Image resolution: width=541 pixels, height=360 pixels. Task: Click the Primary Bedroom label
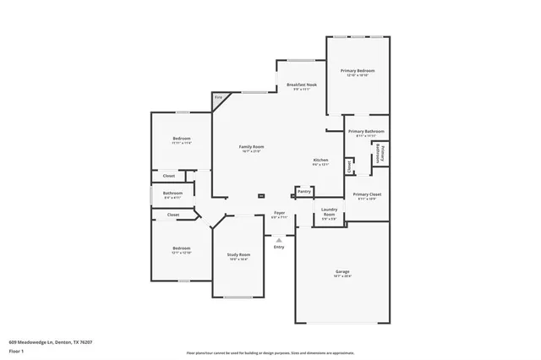pos(358,71)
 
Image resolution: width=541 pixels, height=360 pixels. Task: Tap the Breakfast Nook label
pos(302,85)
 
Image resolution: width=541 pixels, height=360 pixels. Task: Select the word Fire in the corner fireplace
pos(218,99)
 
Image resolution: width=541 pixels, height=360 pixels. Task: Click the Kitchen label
pos(320,160)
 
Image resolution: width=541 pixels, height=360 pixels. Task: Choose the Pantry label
pos(303,191)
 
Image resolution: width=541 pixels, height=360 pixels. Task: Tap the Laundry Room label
pos(329,213)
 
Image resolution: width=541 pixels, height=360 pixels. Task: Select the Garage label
pos(342,272)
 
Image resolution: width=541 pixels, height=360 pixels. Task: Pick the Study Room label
pos(238,254)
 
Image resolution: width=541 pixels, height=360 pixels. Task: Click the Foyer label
pos(279,213)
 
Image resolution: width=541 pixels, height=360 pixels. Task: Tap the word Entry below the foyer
pos(279,247)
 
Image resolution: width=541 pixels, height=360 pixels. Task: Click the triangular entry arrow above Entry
pos(279,239)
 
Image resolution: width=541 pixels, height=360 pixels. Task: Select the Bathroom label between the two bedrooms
pos(172,194)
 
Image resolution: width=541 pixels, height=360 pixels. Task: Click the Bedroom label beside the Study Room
pos(182,248)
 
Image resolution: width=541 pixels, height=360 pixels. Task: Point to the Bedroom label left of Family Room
pos(182,139)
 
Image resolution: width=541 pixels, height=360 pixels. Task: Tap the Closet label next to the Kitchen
pos(350,166)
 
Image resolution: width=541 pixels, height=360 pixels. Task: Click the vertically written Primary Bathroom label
pos(381,155)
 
